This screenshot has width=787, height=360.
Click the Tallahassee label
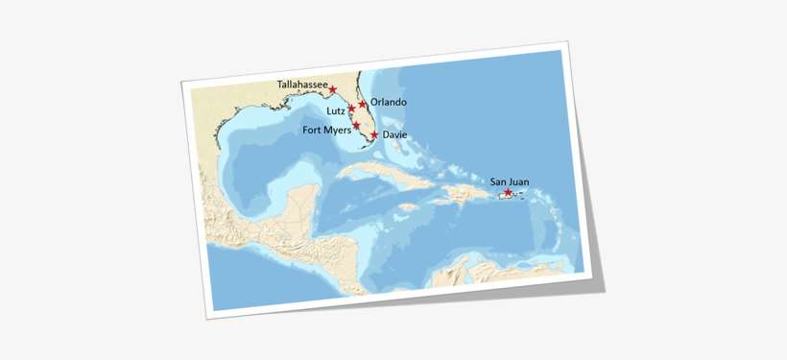300,84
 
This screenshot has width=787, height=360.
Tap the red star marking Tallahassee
333,90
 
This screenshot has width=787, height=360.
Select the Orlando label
389,102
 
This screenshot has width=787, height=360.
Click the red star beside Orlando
363,104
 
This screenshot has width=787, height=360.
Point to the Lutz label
335,111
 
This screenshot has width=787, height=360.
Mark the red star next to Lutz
352,109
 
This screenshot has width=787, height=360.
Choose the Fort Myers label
326,131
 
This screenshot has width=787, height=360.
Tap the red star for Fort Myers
356,126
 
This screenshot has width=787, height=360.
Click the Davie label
394,135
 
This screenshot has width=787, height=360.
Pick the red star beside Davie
373,135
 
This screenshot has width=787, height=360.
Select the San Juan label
510,180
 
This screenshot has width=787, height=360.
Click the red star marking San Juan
508,193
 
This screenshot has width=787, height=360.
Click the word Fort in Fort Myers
313,131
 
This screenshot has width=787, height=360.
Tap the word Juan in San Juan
519,180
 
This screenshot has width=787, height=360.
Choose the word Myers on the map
337,131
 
